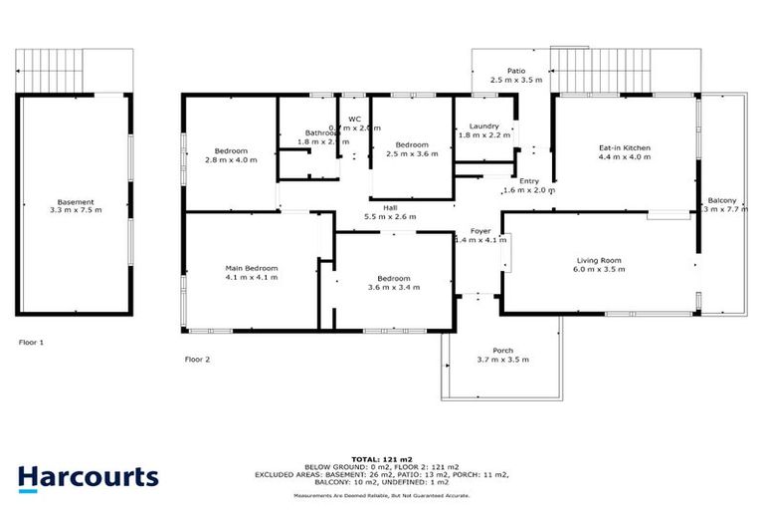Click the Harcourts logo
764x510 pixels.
[88, 476]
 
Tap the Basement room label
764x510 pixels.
[76, 202]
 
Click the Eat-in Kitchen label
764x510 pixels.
[624, 148]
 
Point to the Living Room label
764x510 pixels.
[598, 261]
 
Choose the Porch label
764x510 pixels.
[503, 350]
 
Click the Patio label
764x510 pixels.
[515, 71]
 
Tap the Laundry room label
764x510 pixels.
[484, 127]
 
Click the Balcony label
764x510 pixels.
[722, 200]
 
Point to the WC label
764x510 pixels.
[353, 120]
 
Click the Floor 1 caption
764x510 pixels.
[31, 342]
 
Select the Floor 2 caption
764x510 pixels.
[198, 359]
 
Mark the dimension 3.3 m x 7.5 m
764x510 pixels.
[76, 211]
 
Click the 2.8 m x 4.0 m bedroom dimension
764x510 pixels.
[226, 160]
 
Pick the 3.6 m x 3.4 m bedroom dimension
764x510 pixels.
[394, 287]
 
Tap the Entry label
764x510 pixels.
[528, 180]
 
